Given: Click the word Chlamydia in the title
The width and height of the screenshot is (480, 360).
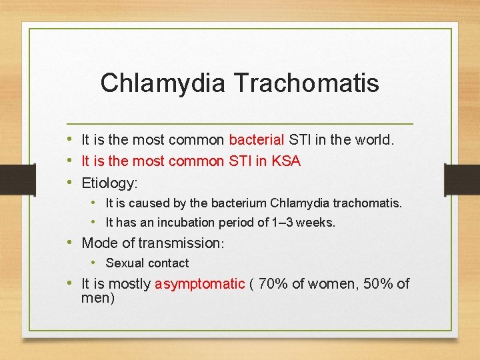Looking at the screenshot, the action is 163,83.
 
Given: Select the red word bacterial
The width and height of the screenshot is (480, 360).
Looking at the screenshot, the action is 257,140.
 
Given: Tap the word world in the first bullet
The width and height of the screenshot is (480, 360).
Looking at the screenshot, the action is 375,140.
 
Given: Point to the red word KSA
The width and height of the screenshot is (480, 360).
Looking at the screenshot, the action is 286,161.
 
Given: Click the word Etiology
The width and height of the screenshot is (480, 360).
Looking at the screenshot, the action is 109,183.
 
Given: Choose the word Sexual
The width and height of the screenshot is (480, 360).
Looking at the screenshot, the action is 125,263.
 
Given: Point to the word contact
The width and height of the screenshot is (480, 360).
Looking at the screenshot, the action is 168,263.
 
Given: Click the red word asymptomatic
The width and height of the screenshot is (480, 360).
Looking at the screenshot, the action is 200,285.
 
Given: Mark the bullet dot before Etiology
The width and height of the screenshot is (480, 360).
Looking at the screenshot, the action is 69,182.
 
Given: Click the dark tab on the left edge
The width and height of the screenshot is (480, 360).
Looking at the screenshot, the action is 18,180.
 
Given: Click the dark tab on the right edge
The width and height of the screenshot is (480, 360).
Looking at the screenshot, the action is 462,180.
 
